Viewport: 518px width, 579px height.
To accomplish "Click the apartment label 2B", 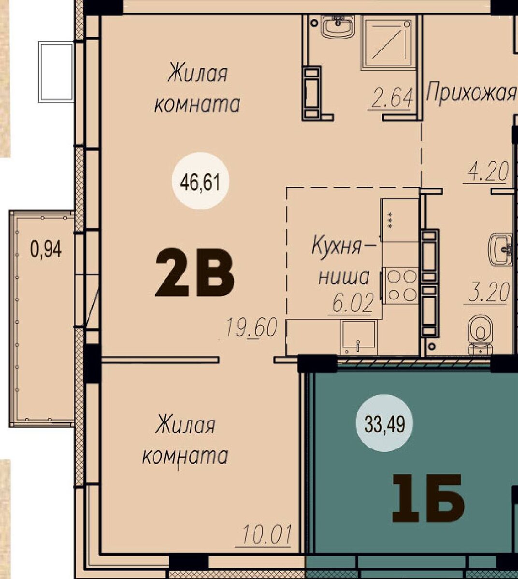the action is [x=195, y=272].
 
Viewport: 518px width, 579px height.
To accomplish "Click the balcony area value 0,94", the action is [x=46, y=249].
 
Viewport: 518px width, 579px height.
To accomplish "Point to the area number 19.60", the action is [x=252, y=328].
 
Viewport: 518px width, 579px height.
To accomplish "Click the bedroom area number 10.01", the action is [x=267, y=534].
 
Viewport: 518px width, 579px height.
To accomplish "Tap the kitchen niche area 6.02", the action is [x=353, y=303].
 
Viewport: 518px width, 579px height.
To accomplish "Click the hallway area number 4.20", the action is [x=489, y=171].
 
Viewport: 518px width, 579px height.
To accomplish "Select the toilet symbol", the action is [x=480, y=335].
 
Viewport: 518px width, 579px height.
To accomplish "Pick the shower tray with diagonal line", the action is [x=388, y=42].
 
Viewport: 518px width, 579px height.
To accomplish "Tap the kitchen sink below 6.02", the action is [x=359, y=338].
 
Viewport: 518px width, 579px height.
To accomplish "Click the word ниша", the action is [x=344, y=277].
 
